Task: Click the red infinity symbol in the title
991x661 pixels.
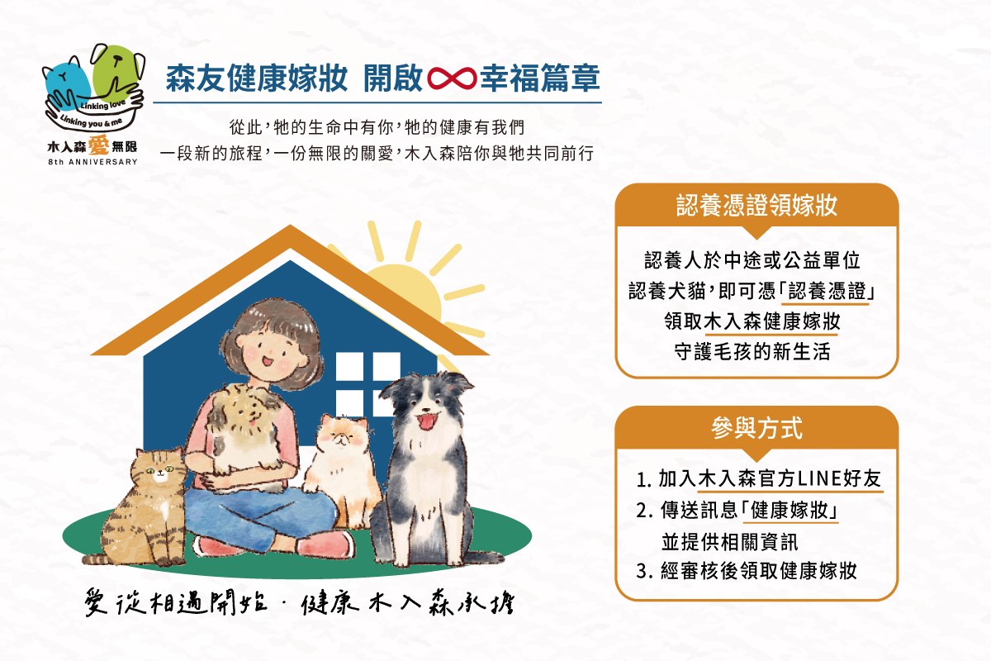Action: [452, 78]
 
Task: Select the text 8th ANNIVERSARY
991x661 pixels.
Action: [92, 162]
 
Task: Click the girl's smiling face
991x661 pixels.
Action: [271, 350]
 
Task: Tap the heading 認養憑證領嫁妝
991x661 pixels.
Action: [756, 206]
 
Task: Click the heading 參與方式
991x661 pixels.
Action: [756, 428]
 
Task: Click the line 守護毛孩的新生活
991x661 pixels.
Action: [752, 352]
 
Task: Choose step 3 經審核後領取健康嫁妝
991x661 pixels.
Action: [747, 571]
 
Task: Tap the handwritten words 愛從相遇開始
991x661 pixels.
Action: [176, 602]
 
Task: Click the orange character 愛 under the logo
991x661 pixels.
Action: [98, 145]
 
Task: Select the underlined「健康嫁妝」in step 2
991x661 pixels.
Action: [789, 511]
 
